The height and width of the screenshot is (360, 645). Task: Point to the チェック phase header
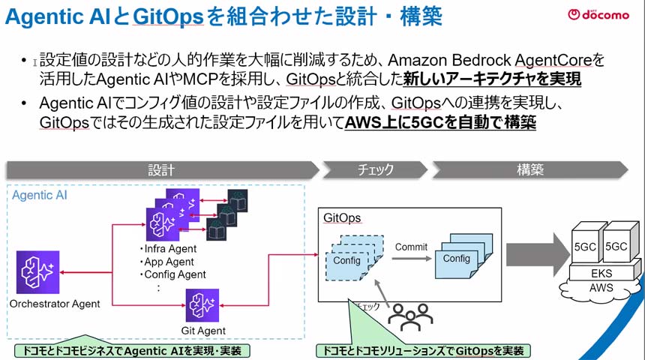click(x=373, y=169)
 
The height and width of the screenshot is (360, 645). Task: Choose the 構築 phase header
click(x=530, y=169)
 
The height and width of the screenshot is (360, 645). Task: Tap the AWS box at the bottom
click(x=601, y=288)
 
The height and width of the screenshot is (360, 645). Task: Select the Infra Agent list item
click(x=169, y=249)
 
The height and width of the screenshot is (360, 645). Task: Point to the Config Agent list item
click(x=173, y=274)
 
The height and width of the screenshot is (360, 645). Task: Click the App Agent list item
click(x=168, y=262)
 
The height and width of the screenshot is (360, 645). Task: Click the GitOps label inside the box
click(x=342, y=218)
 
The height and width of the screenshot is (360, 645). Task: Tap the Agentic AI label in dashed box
click(x=43, y=196)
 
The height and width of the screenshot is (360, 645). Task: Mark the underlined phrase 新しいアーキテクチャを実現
click(x=492, y=78)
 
